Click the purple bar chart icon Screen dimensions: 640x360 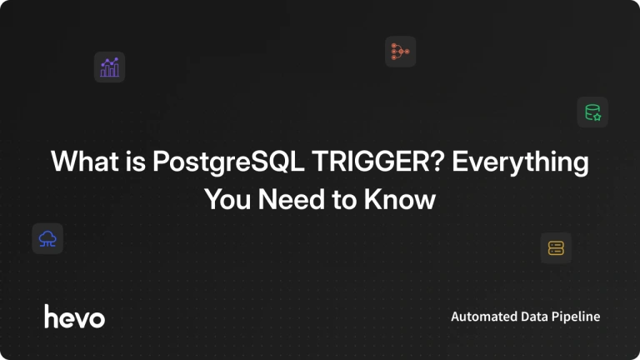(x=109, y=67)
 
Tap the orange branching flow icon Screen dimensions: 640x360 (x=400, y=52)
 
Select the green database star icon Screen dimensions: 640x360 (x=592, y=112)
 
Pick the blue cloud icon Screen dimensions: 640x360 (x=47, y=239)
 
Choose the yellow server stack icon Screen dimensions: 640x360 (x=556, y=247)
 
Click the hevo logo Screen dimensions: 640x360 (x=75, y=317)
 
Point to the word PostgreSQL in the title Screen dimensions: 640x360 (x=228, y=162)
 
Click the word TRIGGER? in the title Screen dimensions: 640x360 (x=377, y=161)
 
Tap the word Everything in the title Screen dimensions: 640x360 (x=520, y=162)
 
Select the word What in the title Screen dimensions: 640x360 (x=84, y=161)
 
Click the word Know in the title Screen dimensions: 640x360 (x=400, y=199)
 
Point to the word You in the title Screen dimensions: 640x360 (x=227, y=199)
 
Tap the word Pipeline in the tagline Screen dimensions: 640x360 (x=576, y=317)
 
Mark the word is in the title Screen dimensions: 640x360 (x=136, y=161)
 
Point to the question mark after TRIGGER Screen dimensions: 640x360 (x=437, y=161)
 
